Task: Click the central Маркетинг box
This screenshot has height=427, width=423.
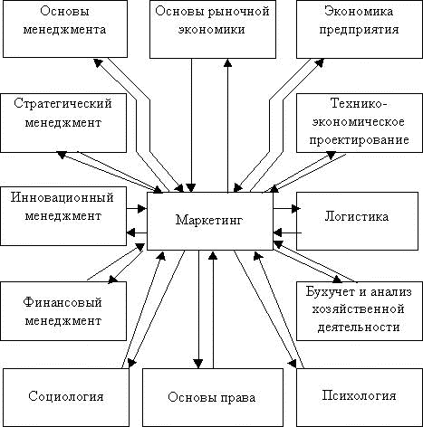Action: [210, 222]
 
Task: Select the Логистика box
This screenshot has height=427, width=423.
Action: [357, 221]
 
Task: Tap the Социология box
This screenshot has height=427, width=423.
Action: [66, 397]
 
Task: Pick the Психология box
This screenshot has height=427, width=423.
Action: [360, 397]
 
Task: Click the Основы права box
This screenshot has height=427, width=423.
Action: [213, 397]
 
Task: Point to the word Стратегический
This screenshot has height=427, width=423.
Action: [62, 104]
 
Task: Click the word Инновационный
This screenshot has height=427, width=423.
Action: [62, 198]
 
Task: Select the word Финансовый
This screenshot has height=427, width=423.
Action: [62, 302]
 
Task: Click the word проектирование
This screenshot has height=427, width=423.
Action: [360, 140]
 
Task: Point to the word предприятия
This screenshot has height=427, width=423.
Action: [360, 30]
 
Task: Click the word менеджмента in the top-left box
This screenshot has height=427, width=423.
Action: [64, 30]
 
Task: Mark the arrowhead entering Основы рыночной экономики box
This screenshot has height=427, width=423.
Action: [227, 62]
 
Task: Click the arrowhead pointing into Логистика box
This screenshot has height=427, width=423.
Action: [296, 208]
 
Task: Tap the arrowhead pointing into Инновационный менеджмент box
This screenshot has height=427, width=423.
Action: [130, 232]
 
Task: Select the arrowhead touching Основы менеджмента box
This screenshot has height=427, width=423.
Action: [98, 62]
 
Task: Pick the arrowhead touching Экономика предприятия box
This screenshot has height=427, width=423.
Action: [319, 62]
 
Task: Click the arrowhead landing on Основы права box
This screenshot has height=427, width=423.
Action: [198, 364]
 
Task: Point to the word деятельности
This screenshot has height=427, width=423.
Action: [359, 327]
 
